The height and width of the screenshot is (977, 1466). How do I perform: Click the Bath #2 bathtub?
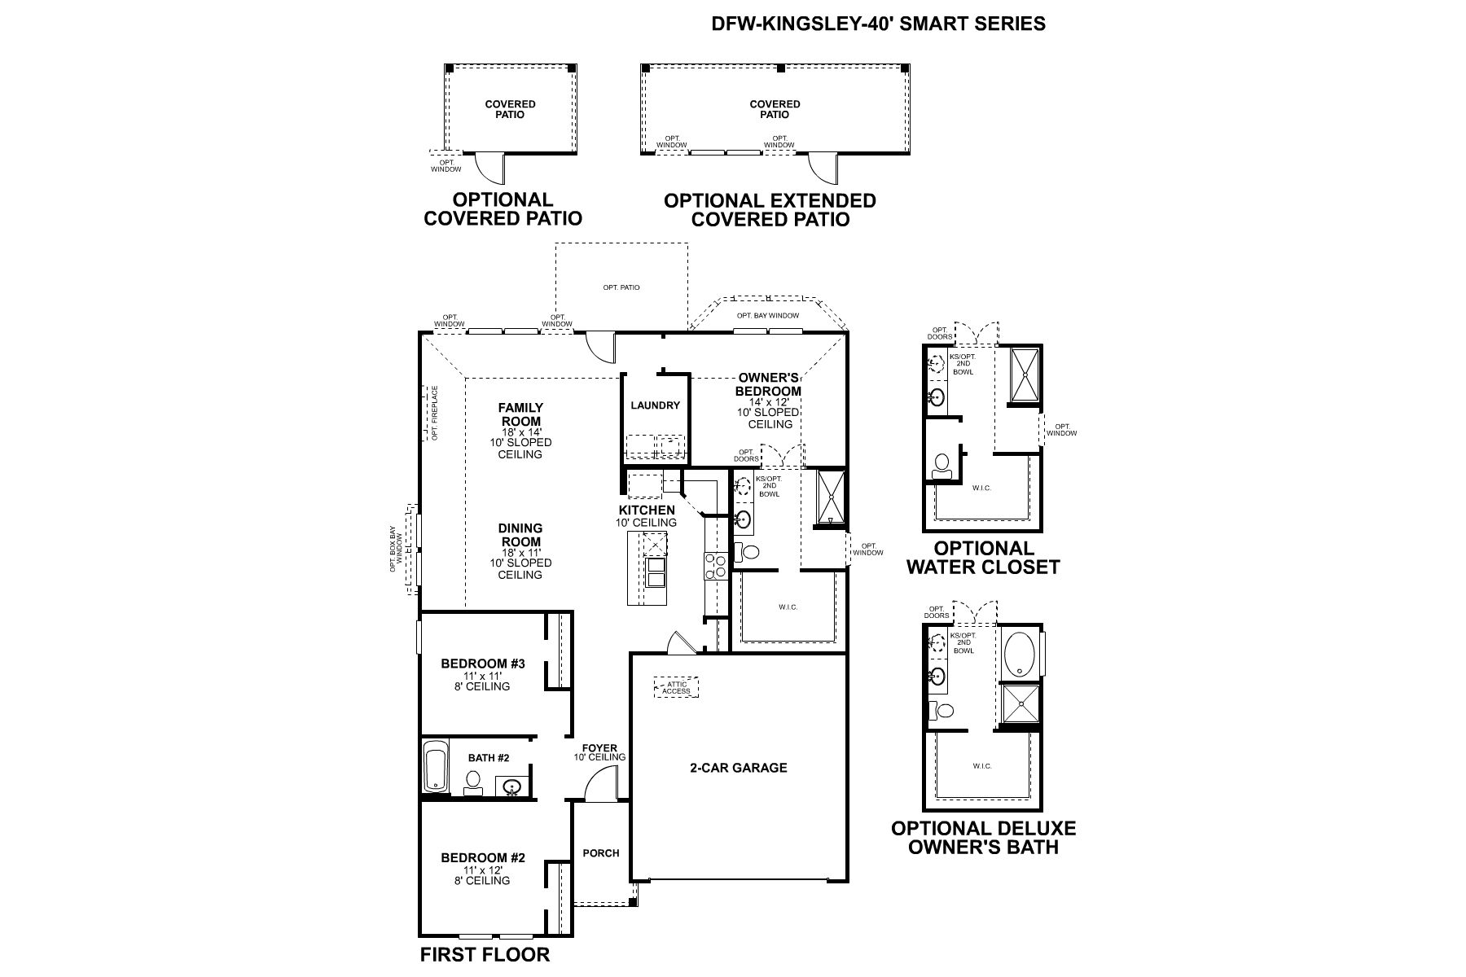(436, 766)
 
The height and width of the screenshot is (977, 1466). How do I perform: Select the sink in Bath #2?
(511, 786)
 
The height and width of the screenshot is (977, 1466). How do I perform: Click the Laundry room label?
(655, 405)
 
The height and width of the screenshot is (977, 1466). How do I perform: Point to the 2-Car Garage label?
(739, 767)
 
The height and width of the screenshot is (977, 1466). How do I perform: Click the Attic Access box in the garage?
(676, 688)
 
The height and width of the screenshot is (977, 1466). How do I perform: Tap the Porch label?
(601, 853)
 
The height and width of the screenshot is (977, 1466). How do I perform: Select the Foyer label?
(599, 748)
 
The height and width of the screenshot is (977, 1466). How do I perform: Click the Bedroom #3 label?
(483, 664)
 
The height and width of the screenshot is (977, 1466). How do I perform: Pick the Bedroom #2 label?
(483, 857)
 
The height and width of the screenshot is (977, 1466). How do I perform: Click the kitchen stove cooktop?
(716, 566)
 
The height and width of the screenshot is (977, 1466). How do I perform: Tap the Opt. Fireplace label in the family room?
(435, 413)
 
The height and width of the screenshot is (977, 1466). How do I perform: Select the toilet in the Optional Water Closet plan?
(942, 465)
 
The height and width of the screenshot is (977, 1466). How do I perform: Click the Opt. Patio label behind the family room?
(621, 287)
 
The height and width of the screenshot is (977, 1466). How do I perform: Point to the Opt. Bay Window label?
(767, 316)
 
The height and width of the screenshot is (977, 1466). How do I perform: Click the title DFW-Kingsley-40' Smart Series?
(879, 24)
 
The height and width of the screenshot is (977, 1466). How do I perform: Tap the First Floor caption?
(485, 954)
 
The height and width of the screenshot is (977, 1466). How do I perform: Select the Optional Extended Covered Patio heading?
(770, 210)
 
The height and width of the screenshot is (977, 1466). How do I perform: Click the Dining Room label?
(520, 535)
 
